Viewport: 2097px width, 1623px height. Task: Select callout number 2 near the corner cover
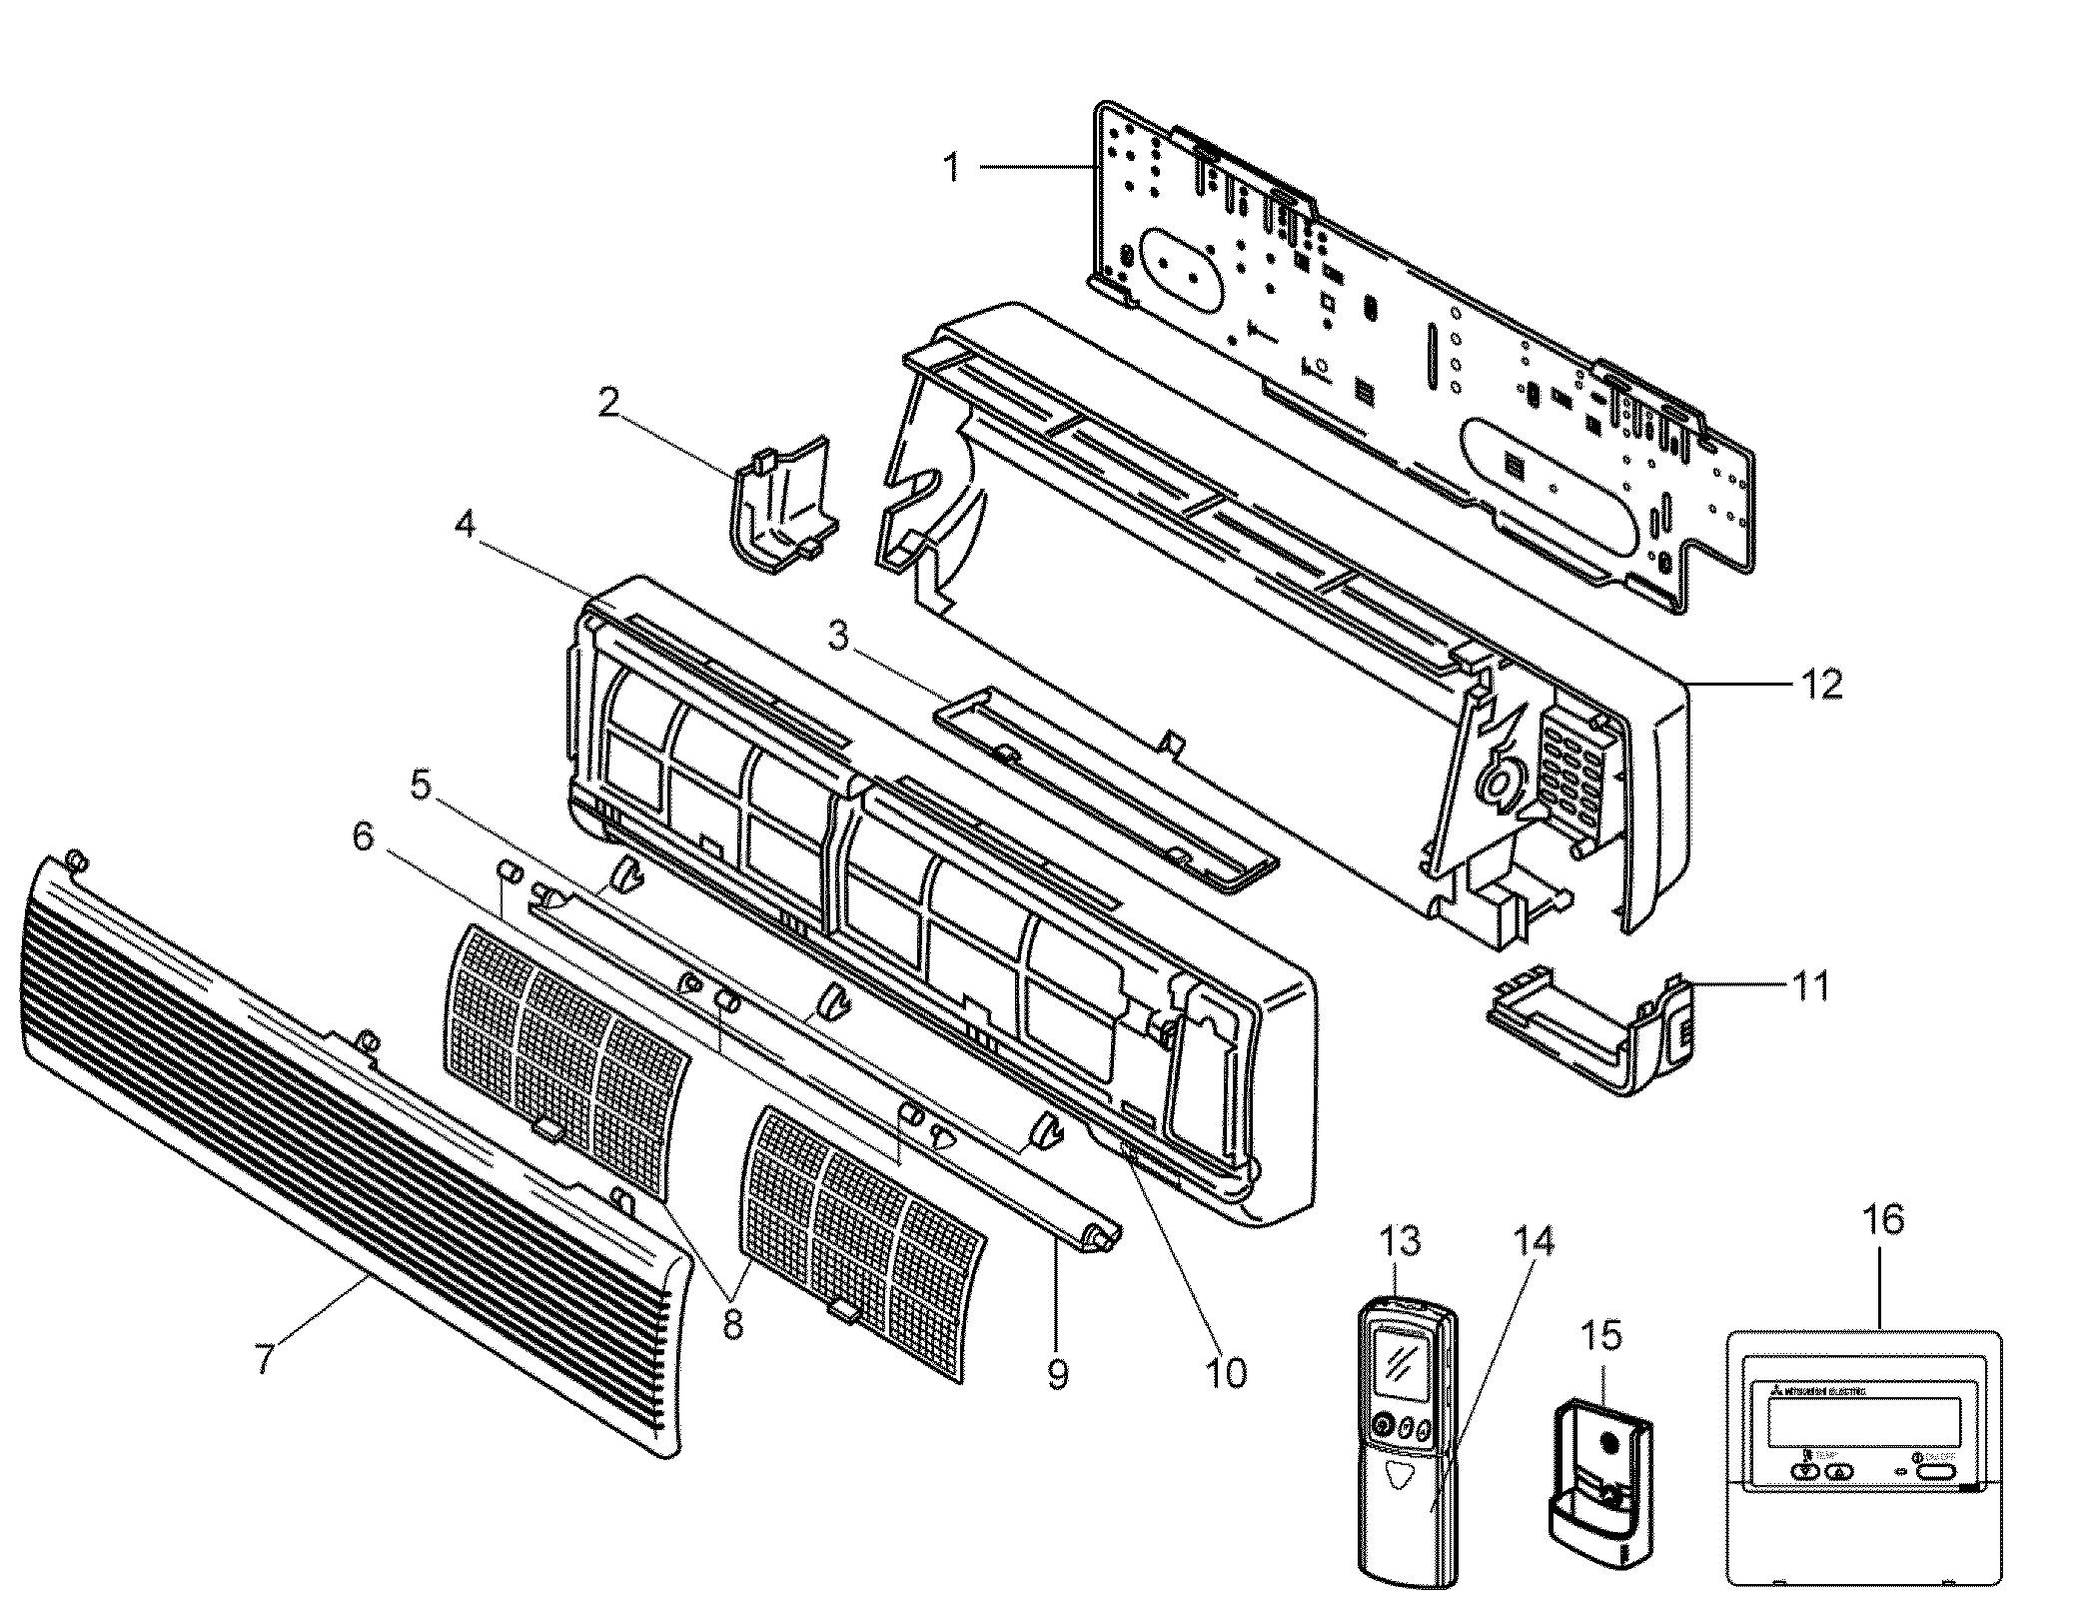click(608, 404)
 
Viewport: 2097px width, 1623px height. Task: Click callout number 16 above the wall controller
click(1883, 1220)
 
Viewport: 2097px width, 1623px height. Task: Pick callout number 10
click(1225, 1373)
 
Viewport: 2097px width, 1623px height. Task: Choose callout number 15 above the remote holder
click(1601, 1335)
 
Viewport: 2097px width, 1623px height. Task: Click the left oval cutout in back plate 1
click(1181, 268)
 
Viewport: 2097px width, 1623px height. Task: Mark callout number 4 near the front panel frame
click(466, 524)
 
